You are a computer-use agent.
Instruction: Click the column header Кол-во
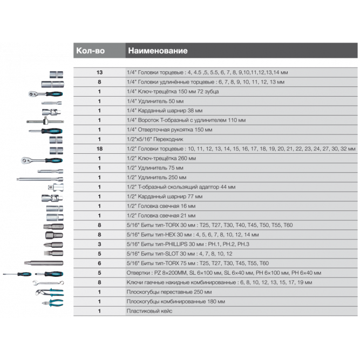coord(90,51)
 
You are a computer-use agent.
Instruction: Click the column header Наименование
coord(158,51)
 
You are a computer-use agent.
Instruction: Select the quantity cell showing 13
coord(99,72)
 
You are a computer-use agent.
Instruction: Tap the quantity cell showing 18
coord(99,149)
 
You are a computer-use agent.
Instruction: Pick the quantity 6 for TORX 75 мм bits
coord(99,263)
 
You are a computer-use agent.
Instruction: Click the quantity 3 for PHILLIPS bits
coord(99,244)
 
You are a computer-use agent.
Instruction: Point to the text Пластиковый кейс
coord(149,311)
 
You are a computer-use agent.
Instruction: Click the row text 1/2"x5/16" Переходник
coord(155,139)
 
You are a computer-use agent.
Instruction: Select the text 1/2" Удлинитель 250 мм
coord(157,177)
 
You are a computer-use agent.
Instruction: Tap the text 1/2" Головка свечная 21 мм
coord(161,215)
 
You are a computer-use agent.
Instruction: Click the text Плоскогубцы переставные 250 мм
coord(169,292)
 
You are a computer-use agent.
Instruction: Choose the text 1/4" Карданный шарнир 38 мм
coord(165,111)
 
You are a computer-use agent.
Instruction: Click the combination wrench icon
coord(48,283)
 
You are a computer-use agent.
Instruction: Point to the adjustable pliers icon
coord(49,292)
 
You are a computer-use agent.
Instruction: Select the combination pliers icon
coord(52,303)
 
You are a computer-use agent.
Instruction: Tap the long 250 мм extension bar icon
coord(40,179)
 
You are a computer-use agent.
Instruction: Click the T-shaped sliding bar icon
coord(45,121)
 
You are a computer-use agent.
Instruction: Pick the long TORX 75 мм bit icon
coord(44,263)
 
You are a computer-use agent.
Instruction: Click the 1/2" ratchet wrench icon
coord(42,160)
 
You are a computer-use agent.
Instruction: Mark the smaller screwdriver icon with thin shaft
coord(17,274)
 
